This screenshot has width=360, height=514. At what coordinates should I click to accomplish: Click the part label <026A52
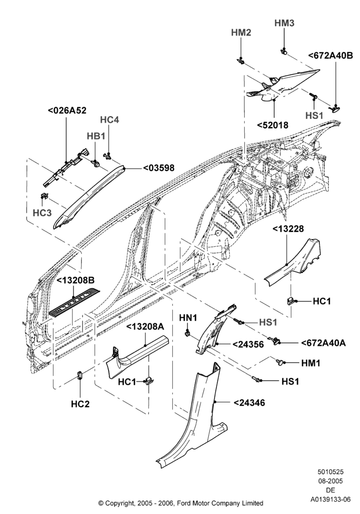point(67,111)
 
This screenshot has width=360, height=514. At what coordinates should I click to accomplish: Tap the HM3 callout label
point(284,23)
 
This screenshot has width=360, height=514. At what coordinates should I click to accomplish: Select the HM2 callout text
point(241,32)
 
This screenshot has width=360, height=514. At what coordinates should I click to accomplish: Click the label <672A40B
point(331,56)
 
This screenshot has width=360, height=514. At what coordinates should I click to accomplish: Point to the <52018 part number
point(273,125)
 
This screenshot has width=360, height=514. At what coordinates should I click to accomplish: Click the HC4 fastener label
point(110,120)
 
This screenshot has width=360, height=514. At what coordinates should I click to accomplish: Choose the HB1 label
point(96,136)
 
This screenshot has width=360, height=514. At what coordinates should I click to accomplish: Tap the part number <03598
point(159,168)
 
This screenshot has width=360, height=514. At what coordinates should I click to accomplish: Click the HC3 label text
point(42,213)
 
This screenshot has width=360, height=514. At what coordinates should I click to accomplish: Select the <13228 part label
point(288,229)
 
